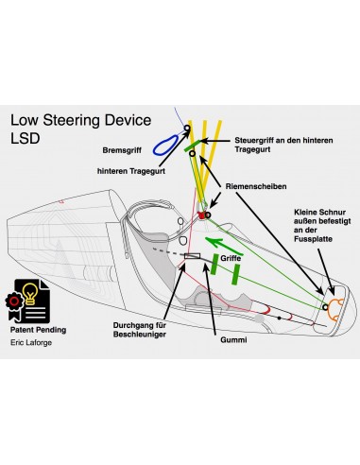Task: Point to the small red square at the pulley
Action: pyautogui.click(x=200, y=218)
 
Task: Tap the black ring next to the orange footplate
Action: pyautogui.click(x=324, y=307)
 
